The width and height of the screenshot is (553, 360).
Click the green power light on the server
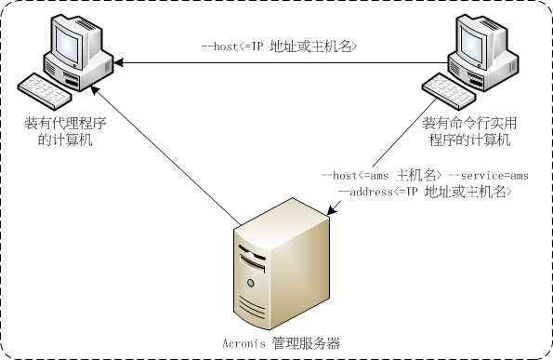coord(250,282)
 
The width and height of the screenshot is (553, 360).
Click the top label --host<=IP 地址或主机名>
coord(279,45)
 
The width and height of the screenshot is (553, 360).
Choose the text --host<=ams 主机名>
coord(380,175)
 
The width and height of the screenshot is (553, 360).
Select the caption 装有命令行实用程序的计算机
coord(468,131)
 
